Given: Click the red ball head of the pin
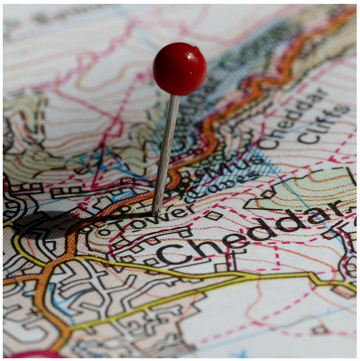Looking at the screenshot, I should pos(180,69).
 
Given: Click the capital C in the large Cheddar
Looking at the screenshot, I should pos(169,254).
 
